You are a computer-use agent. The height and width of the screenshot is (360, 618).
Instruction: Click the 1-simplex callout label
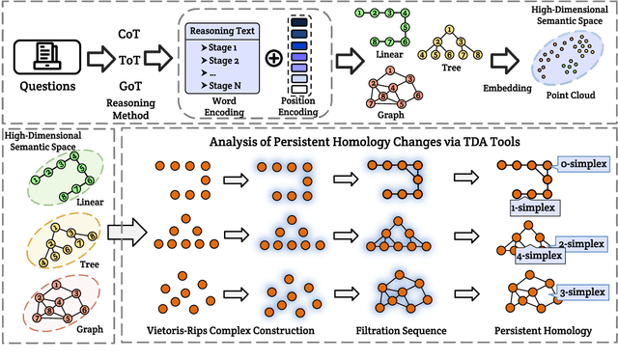click(510, 207)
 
